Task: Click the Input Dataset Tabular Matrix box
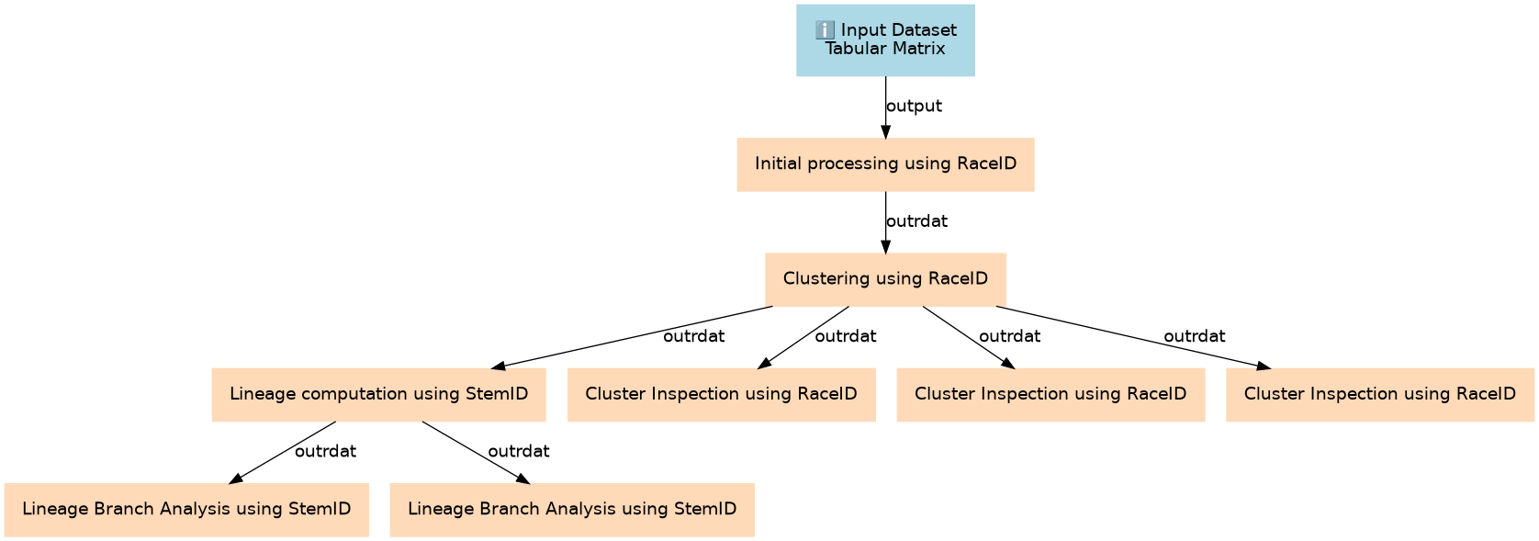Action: point(885,40)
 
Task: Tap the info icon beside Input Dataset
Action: point(825,30)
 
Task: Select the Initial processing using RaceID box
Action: point(885,164)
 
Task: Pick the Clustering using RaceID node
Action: point(885,279)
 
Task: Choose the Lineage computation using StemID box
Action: point(378,395)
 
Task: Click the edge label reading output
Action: point(914,107)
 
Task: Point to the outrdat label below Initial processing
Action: point(916,221)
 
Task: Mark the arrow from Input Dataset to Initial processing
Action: point(885,107)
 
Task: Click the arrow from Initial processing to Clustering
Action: point(885,222)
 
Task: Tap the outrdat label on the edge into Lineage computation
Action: point(693,336)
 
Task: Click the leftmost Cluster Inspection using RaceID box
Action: point(722,395)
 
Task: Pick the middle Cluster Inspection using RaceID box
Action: point(1050,395)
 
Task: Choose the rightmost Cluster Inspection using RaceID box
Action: point(1379,395)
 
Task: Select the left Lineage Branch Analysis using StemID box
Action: point(186,510)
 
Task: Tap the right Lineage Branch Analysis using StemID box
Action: point(572,510)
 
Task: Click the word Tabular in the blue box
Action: point(853,49)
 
